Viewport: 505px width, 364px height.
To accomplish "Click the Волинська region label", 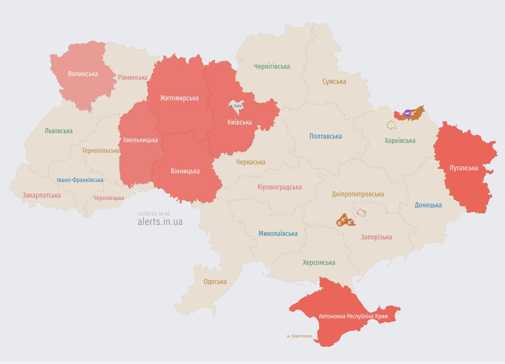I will [83, 74].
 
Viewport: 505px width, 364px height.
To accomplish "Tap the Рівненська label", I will [133, 77].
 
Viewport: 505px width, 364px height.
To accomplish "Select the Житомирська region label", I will [179, 98].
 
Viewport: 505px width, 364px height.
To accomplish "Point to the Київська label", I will [239, 122].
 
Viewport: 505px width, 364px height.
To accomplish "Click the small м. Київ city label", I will [235, 106].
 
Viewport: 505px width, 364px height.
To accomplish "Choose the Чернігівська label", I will [272, 66].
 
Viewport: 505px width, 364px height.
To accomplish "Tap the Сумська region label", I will [334, 82].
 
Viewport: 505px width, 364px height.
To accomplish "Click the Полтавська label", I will [325, 136].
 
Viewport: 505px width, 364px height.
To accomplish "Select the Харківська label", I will [400, 141].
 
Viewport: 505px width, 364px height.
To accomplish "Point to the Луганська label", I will [464, 168].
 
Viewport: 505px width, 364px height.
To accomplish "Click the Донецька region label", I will [428, 205].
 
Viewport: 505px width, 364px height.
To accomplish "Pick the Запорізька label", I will [376, 237].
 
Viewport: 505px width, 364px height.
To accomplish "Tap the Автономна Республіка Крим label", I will [353, 316].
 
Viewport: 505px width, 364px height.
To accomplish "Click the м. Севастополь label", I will [300, 336].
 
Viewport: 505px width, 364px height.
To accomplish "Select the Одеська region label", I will [215, 282].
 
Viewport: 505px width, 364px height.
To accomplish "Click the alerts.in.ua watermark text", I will [160, 222].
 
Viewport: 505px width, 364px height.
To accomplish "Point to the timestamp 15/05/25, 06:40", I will [154, 214].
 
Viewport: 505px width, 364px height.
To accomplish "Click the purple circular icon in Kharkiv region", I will [407, 113].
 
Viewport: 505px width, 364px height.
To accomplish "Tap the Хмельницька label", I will [140, 140].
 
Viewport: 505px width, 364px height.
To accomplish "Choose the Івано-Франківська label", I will [80, 180].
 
